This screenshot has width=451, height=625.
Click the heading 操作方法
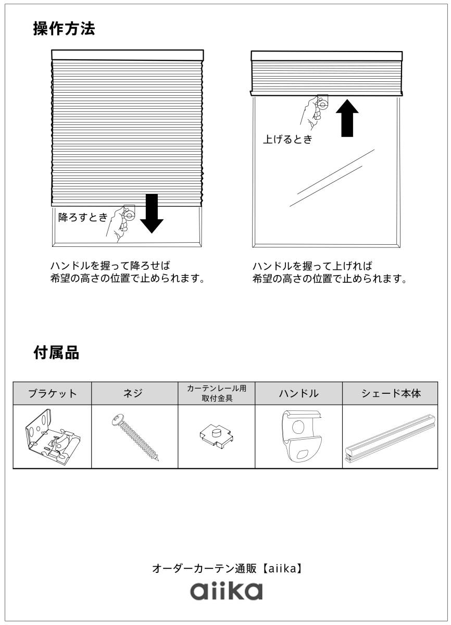(64, 29)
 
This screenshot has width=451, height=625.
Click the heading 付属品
(56, 353)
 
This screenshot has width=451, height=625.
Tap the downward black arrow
(152, 213)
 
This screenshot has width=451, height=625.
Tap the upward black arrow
(346, 118)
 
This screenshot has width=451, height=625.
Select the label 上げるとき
(287, 140)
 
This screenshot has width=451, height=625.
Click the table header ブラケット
(52, 393)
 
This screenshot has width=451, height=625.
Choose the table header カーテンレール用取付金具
(216, 393)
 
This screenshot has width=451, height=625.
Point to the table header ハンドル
(298, 393)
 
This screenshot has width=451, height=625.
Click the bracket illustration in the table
(52, 436)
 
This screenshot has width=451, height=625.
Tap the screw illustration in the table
(135, 436)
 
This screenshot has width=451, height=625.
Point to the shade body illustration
(390, 438)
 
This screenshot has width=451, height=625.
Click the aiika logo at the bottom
(226, 591)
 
